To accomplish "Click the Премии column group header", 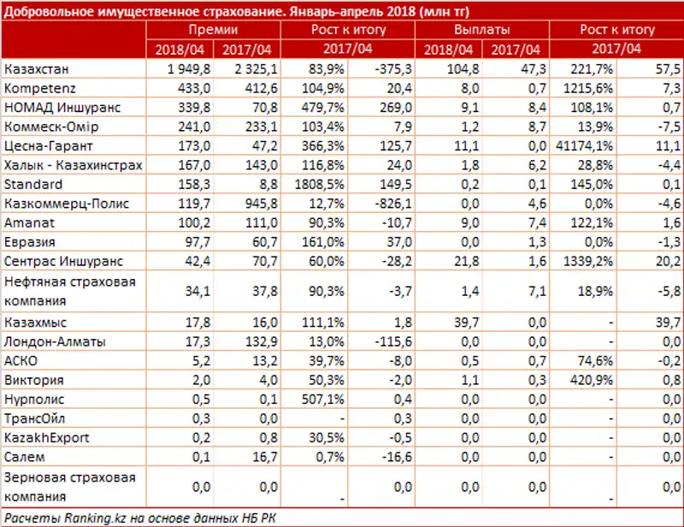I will coord(213,30).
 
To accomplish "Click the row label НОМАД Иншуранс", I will coord(62,107).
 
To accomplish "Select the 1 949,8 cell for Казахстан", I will coord(182,68).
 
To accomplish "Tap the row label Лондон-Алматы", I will coord(55,341).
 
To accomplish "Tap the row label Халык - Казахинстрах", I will coord(72,164).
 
